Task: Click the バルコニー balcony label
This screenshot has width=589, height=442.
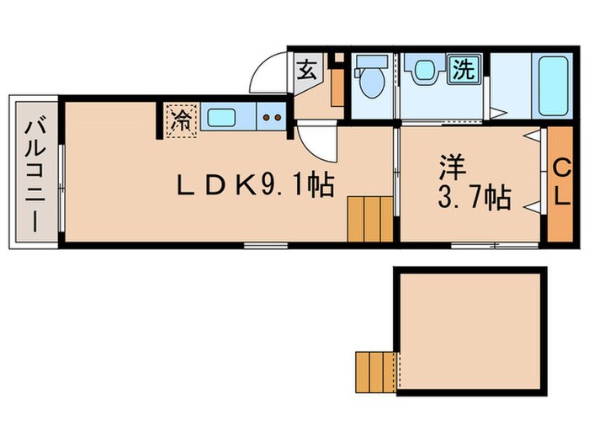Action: pos(35,174)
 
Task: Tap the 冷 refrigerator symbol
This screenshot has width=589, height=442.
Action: pos(180,119)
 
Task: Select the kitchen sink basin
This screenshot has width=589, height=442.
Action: pos(223,117)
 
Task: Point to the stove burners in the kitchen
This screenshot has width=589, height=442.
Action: pos(272,118)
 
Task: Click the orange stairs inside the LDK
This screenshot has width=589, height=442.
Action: pos(369,219)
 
